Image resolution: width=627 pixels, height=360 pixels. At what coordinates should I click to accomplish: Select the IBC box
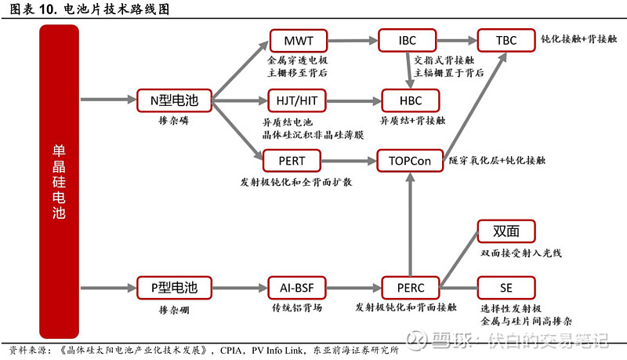408,39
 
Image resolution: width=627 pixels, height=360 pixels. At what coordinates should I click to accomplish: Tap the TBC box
506,39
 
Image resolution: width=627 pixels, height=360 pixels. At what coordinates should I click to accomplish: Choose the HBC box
410,100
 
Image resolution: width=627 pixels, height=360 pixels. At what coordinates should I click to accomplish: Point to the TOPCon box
410,161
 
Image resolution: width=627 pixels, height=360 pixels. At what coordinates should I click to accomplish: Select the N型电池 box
174,100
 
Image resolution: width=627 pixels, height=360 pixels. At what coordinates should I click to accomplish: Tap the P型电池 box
174,287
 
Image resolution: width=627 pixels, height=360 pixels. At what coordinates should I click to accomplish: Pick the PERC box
410,287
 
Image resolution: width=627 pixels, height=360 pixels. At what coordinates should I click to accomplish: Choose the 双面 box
506,231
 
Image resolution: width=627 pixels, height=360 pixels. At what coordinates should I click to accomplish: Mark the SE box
506,287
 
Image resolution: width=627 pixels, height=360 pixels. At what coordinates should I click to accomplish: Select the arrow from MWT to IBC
352,40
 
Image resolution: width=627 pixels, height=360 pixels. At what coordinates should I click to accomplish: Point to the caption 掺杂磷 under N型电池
173,122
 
